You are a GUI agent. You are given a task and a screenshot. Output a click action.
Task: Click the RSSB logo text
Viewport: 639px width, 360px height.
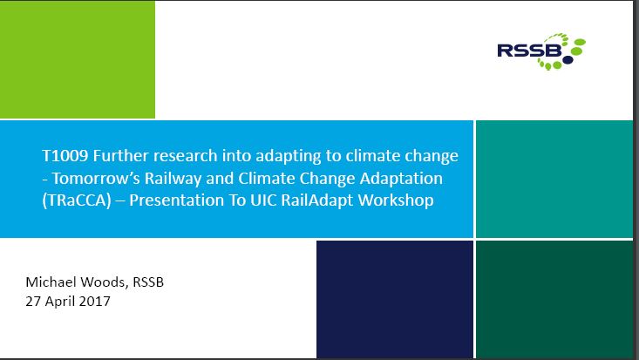[529, 51]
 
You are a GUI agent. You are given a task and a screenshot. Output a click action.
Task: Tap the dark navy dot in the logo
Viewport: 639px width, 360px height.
[568, 60]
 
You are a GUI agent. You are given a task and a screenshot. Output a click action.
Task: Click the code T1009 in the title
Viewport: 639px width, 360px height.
[65, 156]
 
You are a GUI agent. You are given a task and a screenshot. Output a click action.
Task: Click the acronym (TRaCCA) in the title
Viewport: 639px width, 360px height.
[77, 200]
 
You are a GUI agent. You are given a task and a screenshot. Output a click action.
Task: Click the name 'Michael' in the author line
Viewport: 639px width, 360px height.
[51, 282]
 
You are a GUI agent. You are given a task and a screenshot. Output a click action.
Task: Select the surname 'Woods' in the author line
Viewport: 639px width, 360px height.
[105, 282]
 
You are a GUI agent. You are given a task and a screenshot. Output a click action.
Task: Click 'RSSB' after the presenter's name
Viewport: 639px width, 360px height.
[148, 282]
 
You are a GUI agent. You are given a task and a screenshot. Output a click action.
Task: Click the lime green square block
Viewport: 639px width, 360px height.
[78, 59]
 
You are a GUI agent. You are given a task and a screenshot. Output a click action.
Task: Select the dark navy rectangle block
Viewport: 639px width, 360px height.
[395, 299]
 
